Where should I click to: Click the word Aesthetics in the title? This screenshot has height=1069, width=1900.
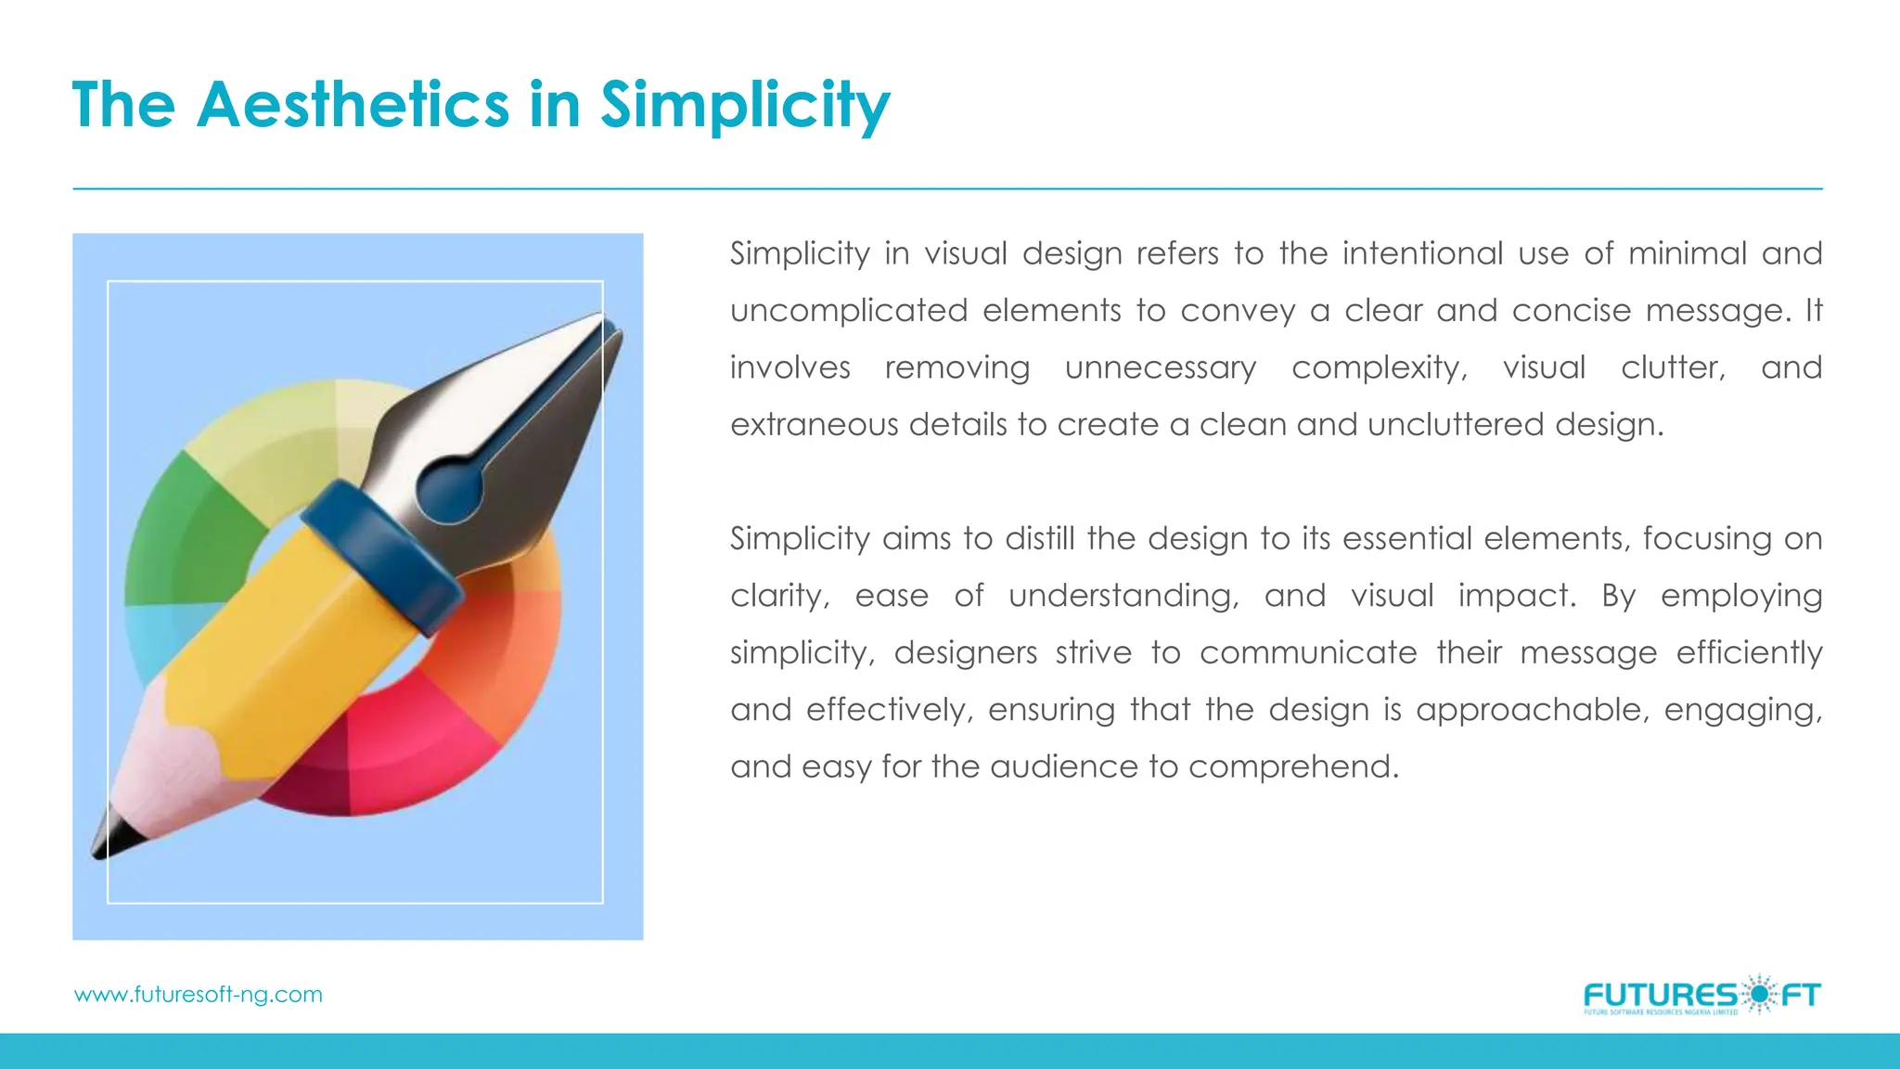coord(353,104)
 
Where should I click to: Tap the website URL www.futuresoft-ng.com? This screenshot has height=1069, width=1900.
coord(199,995)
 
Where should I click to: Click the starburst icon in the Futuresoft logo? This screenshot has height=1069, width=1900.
coord(1757,995)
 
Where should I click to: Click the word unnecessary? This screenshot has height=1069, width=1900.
coord(1161,367)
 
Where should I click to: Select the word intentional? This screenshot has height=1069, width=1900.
coord(1422,253)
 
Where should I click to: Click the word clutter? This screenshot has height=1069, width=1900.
coord(1673,367)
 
